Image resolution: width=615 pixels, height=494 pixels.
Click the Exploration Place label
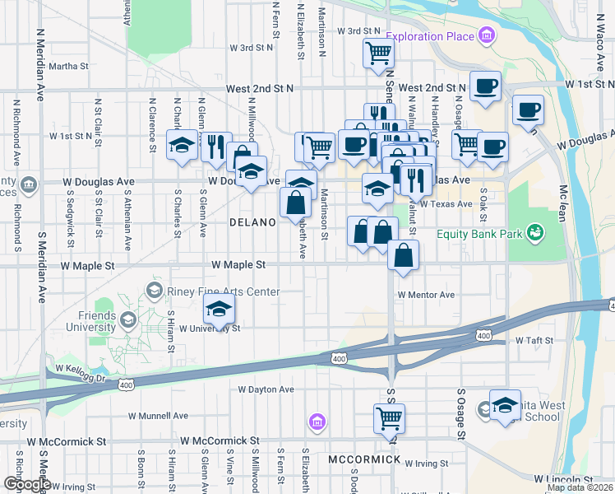430,36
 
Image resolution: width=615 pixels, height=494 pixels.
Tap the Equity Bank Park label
481,234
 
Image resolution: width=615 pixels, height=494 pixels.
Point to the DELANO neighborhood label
251,222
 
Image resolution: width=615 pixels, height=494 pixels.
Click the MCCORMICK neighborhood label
363,459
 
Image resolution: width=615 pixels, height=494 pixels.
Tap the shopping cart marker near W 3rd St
378,53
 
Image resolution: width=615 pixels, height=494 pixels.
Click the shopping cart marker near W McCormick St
389,417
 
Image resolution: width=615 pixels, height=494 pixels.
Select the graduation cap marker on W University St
219,309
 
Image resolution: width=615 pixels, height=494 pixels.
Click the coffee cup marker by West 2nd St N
485,86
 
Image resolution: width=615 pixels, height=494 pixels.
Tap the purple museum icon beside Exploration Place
487,36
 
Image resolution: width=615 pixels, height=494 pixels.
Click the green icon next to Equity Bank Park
536,234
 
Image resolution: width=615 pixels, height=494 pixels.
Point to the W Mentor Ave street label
426,295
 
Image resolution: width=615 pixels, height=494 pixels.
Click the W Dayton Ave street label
266,389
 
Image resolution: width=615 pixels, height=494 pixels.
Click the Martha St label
69,66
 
